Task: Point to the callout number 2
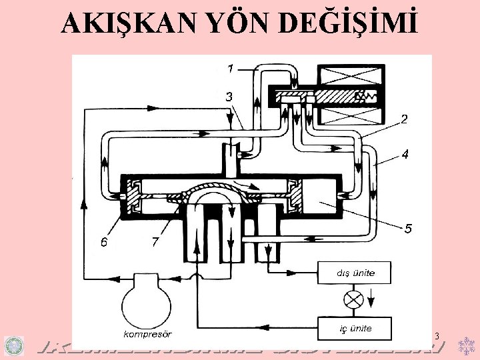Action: [404, 120]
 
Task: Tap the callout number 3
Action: [229, 97]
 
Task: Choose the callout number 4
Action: [404, 155]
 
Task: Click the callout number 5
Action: [408, 228]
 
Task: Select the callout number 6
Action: [103, 242]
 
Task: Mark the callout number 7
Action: [155, 242]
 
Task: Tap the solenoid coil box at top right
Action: [351, 95]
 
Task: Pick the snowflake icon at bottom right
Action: [465, 345]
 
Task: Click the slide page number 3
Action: [436, 335]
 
